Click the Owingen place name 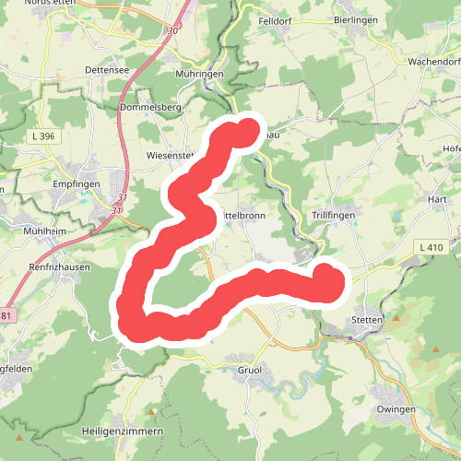(x=396, y=409)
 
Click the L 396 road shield (x=41, y=136)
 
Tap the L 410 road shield (x=430, y=247)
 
